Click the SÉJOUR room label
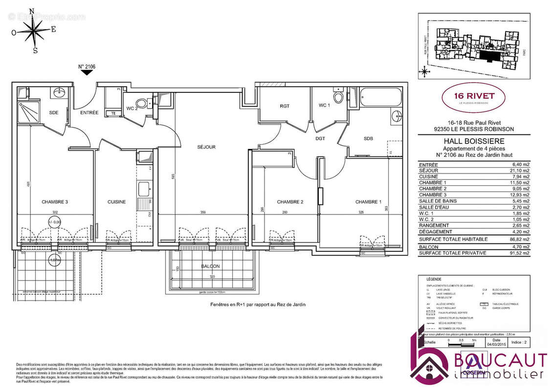pyautogui.click(x=206, y=147)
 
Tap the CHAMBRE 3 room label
pyautogui.click(x=55, y=202)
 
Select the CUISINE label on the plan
pyautogui.click(x=116, y=202)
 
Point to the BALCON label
pyautogui.click(x=210, y=266)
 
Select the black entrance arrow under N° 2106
pyautogui.click(x=87, y=73)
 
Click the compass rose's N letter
pyautogui.click(x=32, y=11)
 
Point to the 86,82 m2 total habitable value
pyautogui.click(x=519, y=239)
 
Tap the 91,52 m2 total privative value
pyautogui.click(x=519, y=253)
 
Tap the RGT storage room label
pyautogui.click(x=285, y=105)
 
